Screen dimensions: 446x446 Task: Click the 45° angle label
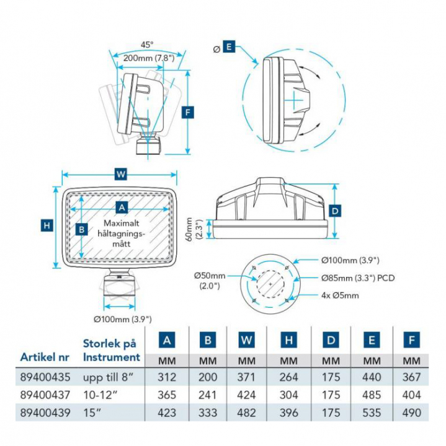(x=147, y=45)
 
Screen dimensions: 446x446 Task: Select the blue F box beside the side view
(x=190, y=112)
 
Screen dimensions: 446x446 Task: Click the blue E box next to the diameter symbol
(x=229, y=47)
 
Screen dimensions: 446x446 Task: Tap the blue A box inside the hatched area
(x=122, y=207)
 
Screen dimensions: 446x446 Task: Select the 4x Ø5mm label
(x=341, y=295)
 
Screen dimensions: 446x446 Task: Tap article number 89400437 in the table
(x=45, y=395)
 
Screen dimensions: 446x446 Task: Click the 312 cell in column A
(x=167, y=377)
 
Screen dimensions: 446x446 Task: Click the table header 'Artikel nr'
(x=45, y=357)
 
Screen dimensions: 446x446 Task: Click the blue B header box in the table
(x=208, y=339)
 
